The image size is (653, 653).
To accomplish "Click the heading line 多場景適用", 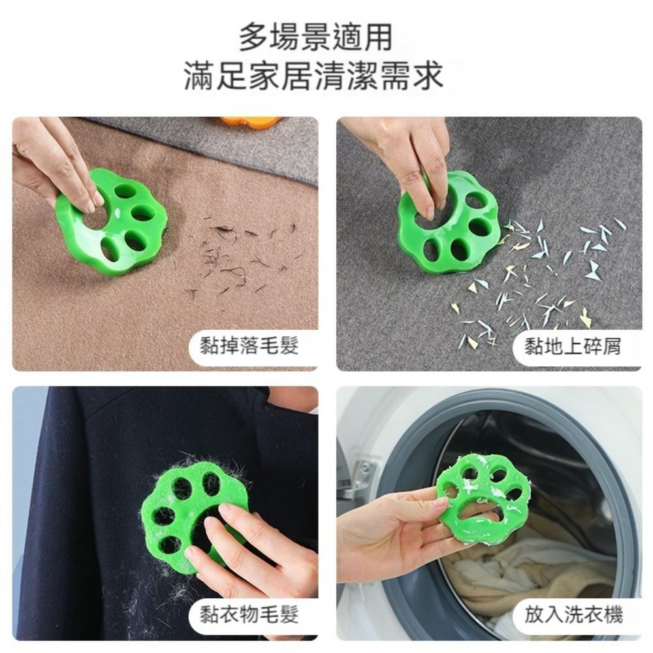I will click(x=315, y=37).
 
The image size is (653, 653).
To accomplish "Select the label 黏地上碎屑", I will click(x=573, y=347).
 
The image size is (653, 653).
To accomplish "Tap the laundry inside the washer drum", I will click(x=522, y=575).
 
